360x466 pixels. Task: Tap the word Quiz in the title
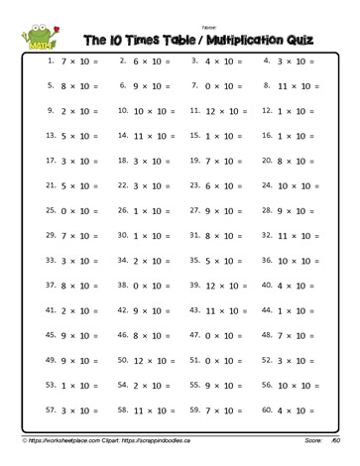pyautogui.click(x=292, y=41)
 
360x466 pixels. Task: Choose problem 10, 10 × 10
pyautogui.click(x=150, y=110)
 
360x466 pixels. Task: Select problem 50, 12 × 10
pyautogui.click(x=150, y=360)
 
